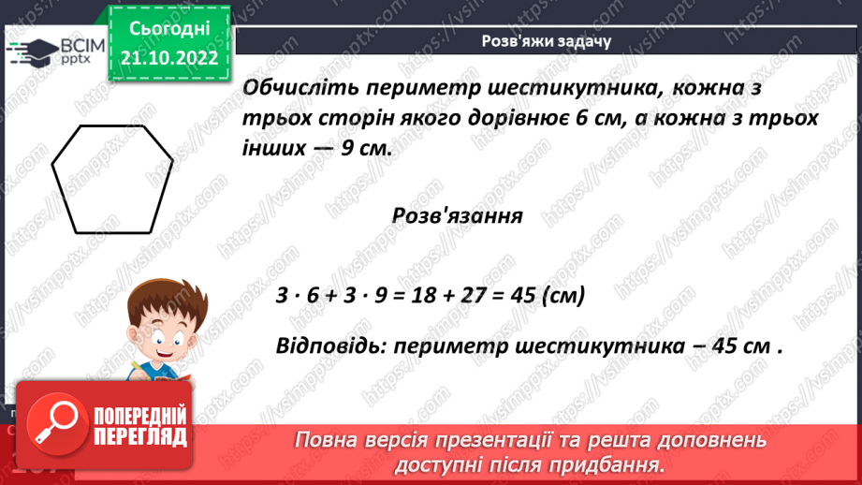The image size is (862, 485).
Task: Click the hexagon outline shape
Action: coord(111,180)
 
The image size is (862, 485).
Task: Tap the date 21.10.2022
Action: coord(168,58)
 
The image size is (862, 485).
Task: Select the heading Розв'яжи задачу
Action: coord(546,41)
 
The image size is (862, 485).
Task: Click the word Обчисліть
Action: coord(296,89)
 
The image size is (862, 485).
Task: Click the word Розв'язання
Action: coord(457,215)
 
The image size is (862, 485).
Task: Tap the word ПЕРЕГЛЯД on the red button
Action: coord(139,436)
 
